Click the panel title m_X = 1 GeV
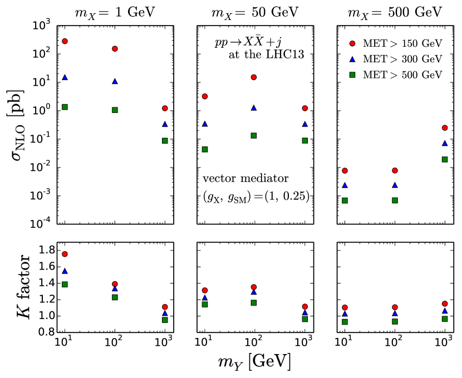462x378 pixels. pos(115,12)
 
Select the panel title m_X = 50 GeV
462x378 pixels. pos(254,12)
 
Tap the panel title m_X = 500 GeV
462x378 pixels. pos(394,12)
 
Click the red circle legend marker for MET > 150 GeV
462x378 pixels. pos(351,43)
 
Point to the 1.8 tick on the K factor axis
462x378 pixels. pos(42,250)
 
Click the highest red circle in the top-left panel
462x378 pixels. pos(65,41)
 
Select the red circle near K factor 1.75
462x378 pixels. pos(65,254)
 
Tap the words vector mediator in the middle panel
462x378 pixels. pos(245,179)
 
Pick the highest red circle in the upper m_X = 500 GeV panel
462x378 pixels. pos(444,128)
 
